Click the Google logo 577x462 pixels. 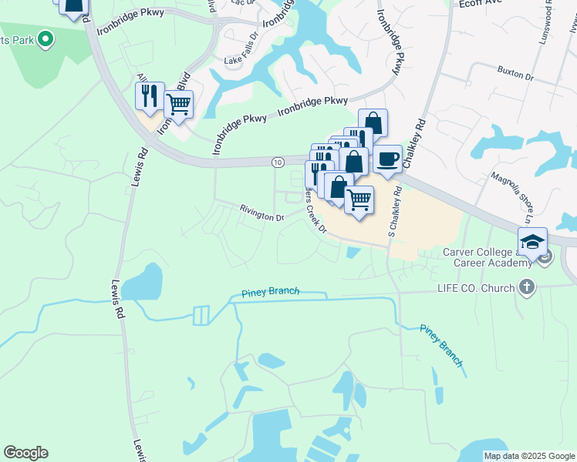tap(25, 453)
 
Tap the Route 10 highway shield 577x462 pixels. tap(276, 161)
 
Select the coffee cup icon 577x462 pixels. tap(387, 159)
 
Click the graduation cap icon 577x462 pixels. tap(532, 242)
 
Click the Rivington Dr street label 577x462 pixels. tap(262, 214)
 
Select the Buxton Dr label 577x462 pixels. tap(516, 75)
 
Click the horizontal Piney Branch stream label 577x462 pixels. tap(270, 292)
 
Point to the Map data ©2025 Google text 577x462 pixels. tap(528, 456)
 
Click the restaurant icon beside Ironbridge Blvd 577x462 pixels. tap(150, 96)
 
